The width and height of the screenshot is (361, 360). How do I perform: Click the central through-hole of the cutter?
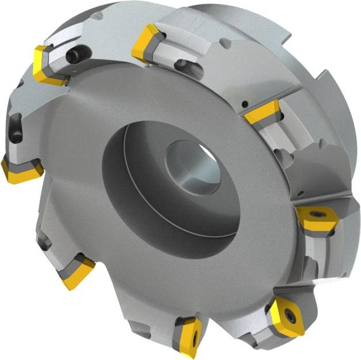point(193,168)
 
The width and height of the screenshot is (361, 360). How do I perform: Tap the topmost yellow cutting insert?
point(147,43)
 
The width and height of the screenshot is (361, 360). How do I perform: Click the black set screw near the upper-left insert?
point(74,55)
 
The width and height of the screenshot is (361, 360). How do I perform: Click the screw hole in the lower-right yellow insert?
point(286,315)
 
